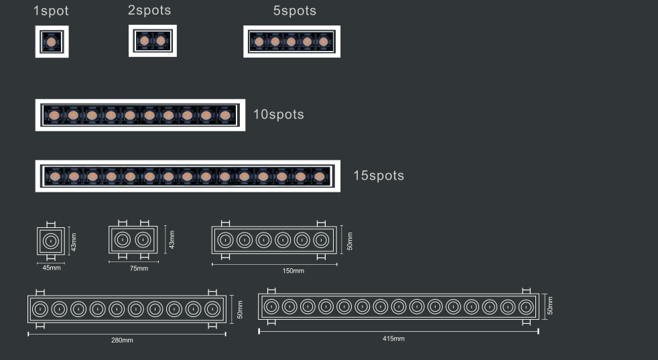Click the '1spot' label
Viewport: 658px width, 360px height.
click(51, 11)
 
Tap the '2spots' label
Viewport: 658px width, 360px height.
click(149, 10)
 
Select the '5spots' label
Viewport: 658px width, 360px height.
click(295, 11)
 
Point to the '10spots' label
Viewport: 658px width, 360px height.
click(279, 114)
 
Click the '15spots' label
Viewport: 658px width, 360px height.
click(379, 175)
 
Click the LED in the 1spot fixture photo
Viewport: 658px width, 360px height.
click(51, 42)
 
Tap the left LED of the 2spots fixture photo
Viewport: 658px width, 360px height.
click(144, 41)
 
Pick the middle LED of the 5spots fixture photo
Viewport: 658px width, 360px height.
click(291, 42)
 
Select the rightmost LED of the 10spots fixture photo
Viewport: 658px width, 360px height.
click(225, 115)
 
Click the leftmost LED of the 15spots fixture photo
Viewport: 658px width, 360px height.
click(55, 177)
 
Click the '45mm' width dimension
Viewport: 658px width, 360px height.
click(52, 267)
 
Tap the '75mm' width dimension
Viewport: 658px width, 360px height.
click(139, 268)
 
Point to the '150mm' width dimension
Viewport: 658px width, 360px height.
click(293, 271)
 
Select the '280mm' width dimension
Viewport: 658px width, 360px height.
click(122, 340)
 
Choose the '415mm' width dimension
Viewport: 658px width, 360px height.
click(393, 338)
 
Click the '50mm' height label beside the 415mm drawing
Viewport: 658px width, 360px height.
click(549, 306)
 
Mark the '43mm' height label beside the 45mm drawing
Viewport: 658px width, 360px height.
click(74, 243)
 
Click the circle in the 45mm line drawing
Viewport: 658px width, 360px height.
click(51, 241)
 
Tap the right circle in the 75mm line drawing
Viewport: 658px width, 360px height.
click(143, 240)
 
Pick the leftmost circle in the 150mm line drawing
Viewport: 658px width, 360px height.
click(225, 240)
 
